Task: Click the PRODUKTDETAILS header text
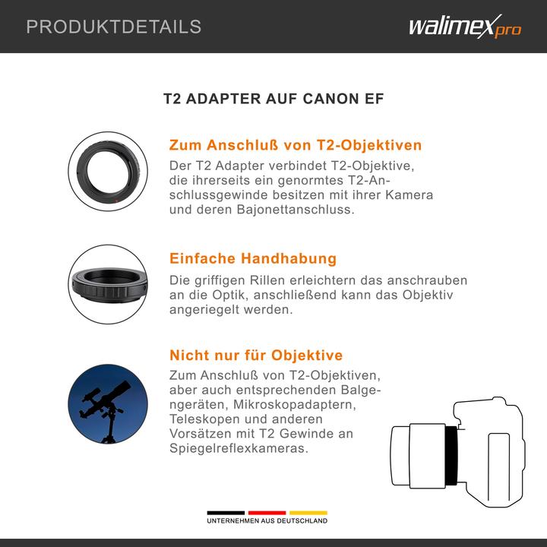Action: (114, 27)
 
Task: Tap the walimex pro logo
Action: (464, 28)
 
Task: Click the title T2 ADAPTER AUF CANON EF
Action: (273, 100)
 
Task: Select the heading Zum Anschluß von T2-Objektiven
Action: (295, 145)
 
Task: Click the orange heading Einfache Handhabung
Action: (252, 259)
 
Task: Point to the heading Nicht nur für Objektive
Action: (255, 355)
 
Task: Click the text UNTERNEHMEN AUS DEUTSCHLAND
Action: (267, 521)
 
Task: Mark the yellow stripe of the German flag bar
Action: (308, 512)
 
